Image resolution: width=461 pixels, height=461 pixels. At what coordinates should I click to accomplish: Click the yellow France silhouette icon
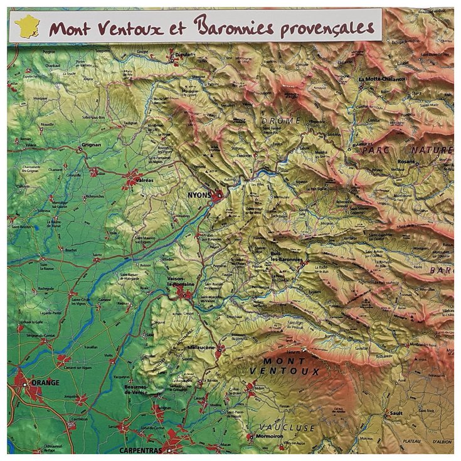(26, 26)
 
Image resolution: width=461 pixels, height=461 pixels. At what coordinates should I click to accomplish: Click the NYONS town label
(199, 195)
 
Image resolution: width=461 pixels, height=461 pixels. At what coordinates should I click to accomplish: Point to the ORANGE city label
(46, 383)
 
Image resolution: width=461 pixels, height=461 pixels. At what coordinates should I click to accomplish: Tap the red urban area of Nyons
(217, 196)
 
